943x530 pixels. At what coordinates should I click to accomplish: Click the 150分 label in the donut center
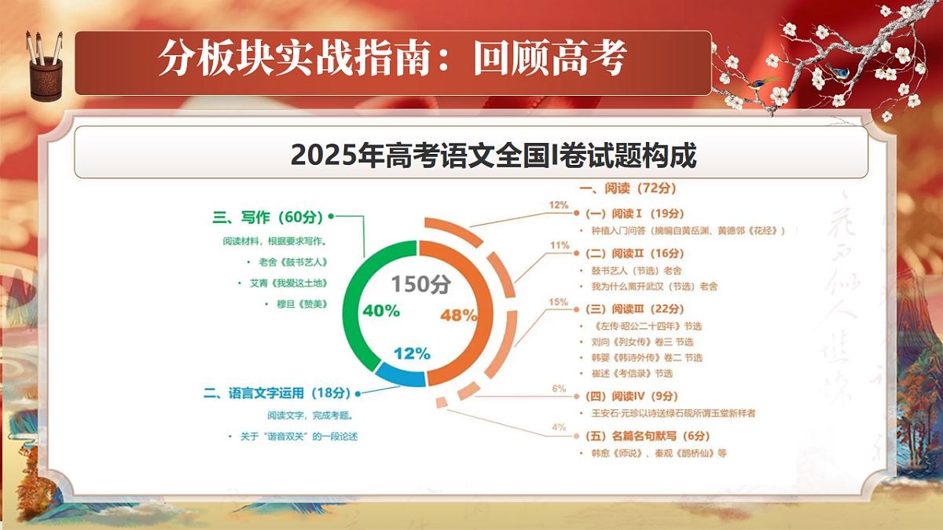[x=421, y=284]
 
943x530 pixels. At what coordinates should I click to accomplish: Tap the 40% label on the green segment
[x=381, y=311]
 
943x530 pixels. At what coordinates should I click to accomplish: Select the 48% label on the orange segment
[x=459, y=316]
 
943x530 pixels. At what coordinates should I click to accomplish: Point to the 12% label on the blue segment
[x=412, y=354]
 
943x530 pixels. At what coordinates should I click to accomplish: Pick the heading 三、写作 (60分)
[x=268, y=217]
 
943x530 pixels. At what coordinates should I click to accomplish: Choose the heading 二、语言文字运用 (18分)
[x=275, y=393]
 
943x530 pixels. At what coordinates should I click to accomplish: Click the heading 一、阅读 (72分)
[x=627, y=188]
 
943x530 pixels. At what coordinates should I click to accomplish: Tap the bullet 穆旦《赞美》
[x=292, y=304]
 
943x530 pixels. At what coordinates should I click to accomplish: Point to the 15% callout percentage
[x=558, y=302]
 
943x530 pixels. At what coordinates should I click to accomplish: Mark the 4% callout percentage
[x=559, y=427]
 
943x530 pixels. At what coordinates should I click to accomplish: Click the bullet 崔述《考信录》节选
[x=632, y=373]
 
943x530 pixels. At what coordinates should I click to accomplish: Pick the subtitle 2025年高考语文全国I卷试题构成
[x=494, y=155]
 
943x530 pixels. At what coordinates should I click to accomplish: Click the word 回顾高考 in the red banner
[x=550, y=59]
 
